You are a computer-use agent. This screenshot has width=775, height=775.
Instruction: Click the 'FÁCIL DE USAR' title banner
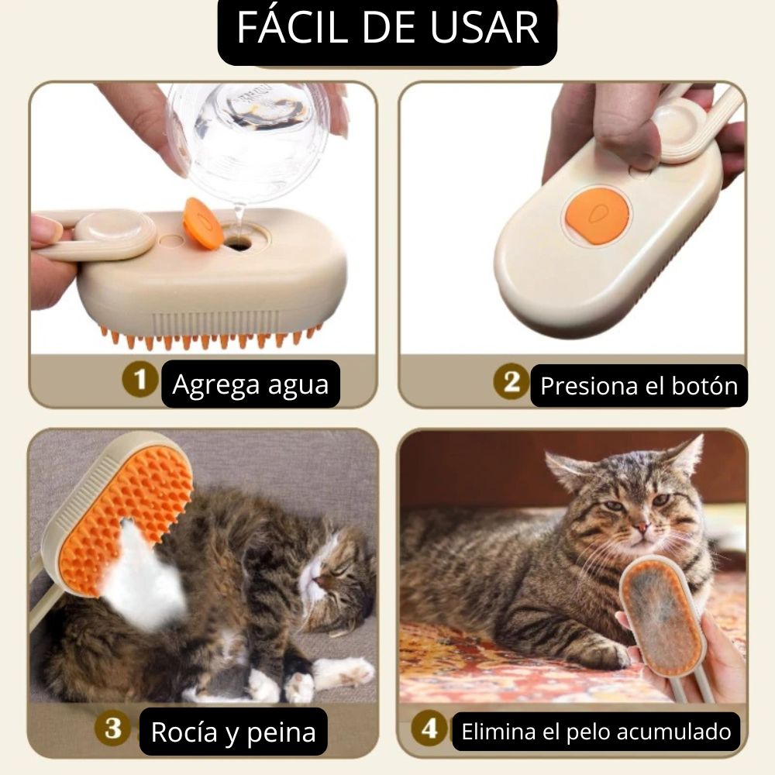pyautogui.click(x=387, y=29)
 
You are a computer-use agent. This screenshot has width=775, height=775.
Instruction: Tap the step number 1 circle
pyautogui.click(x=139, y=380)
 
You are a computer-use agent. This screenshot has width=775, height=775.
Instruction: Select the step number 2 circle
pyautogui.click(x=511, y=381)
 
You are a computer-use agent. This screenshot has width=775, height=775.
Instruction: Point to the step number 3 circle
pyautogui.click(x=113, y=728)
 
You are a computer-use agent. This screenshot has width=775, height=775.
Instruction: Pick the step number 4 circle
pyautogui.click(x=429, y=728)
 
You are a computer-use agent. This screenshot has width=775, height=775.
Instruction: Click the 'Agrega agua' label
pyautogui.click(x=250, y=384)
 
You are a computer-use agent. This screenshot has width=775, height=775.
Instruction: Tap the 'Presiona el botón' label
pyautogui.click(x=639, y=385)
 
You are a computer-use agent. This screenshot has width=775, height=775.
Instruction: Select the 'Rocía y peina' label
pyautogui.click(x=233, y=732)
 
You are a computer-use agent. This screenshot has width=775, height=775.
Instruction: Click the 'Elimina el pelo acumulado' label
pyautogui.click(x=596, y=732)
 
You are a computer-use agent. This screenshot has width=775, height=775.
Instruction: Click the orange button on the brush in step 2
pyautogui.click(x=597, y=215)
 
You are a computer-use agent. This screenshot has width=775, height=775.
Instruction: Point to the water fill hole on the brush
pyautogui.click(x=238, y=242)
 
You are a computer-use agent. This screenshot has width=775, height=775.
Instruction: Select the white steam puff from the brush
pyautogui.click(x=143, y=578)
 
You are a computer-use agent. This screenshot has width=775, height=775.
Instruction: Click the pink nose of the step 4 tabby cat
pyautogui.click(x=641, y=529)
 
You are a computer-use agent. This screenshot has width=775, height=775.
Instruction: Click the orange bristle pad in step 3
pyautogui.click(x=126, y=519)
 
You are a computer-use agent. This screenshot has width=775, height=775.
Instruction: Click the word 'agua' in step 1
pyautogui.click(x=298, y=385)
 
